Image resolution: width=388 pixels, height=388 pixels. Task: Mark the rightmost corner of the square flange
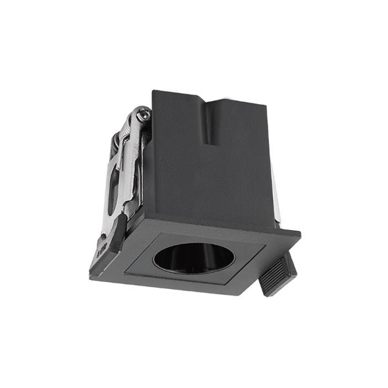(300, 233)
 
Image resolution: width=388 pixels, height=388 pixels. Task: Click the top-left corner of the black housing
(153, 91)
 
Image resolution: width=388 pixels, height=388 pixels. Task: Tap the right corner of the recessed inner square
(265, 244)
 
